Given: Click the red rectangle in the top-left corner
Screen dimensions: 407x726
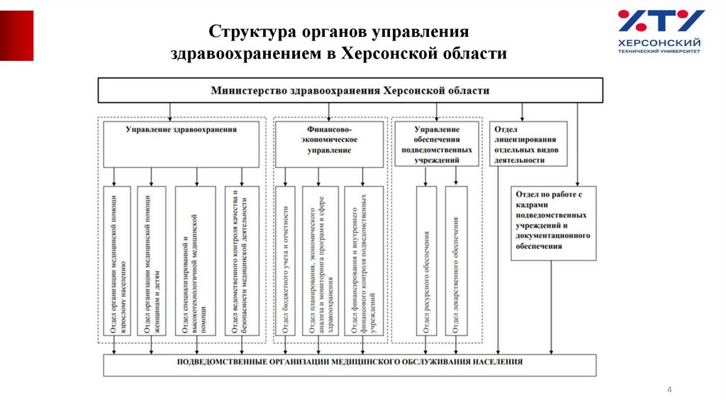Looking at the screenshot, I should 16,35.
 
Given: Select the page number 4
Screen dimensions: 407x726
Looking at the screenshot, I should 669,390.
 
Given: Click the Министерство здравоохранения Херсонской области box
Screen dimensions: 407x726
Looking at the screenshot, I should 350,91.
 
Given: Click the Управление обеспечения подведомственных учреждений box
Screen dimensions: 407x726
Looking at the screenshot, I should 437,144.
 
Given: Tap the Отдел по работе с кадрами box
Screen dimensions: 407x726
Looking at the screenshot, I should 553,222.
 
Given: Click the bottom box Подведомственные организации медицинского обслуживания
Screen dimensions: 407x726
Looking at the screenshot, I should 350,364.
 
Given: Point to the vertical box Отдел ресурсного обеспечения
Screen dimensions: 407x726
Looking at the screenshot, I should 426,261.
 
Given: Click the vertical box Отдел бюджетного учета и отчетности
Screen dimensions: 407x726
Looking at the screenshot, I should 285,261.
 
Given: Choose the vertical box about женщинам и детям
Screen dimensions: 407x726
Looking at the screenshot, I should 152,261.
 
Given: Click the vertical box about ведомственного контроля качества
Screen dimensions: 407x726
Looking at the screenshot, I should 242,261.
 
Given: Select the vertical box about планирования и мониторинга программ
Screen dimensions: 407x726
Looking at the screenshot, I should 320,261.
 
